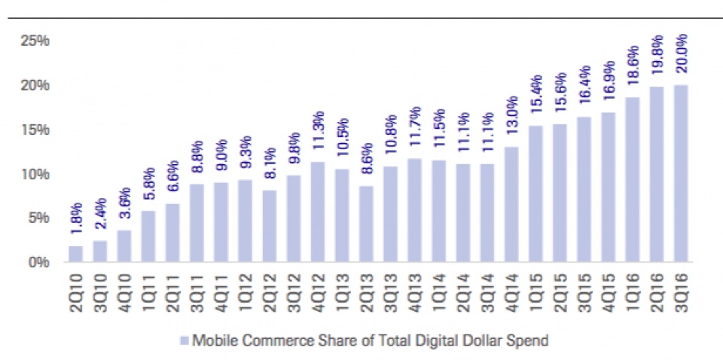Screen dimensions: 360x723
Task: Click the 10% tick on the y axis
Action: pos(35,174)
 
